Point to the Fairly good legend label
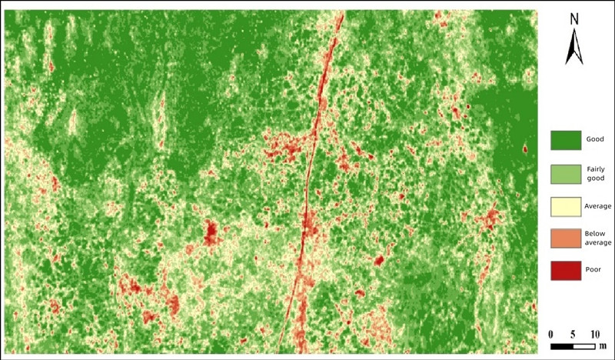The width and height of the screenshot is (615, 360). [596, 174]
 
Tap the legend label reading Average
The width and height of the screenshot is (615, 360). [597, 206]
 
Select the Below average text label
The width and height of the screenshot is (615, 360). [597, 238]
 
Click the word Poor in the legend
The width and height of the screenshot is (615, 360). [597, 269]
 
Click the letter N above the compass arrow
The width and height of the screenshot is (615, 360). [573, 18]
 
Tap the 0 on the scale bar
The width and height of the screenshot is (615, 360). [551, 335]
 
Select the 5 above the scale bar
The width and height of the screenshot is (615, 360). [573, 335]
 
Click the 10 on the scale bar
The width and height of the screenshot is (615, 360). [593, 335]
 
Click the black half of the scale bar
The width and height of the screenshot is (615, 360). [562, 346]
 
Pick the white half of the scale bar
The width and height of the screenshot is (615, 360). [583, 346]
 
